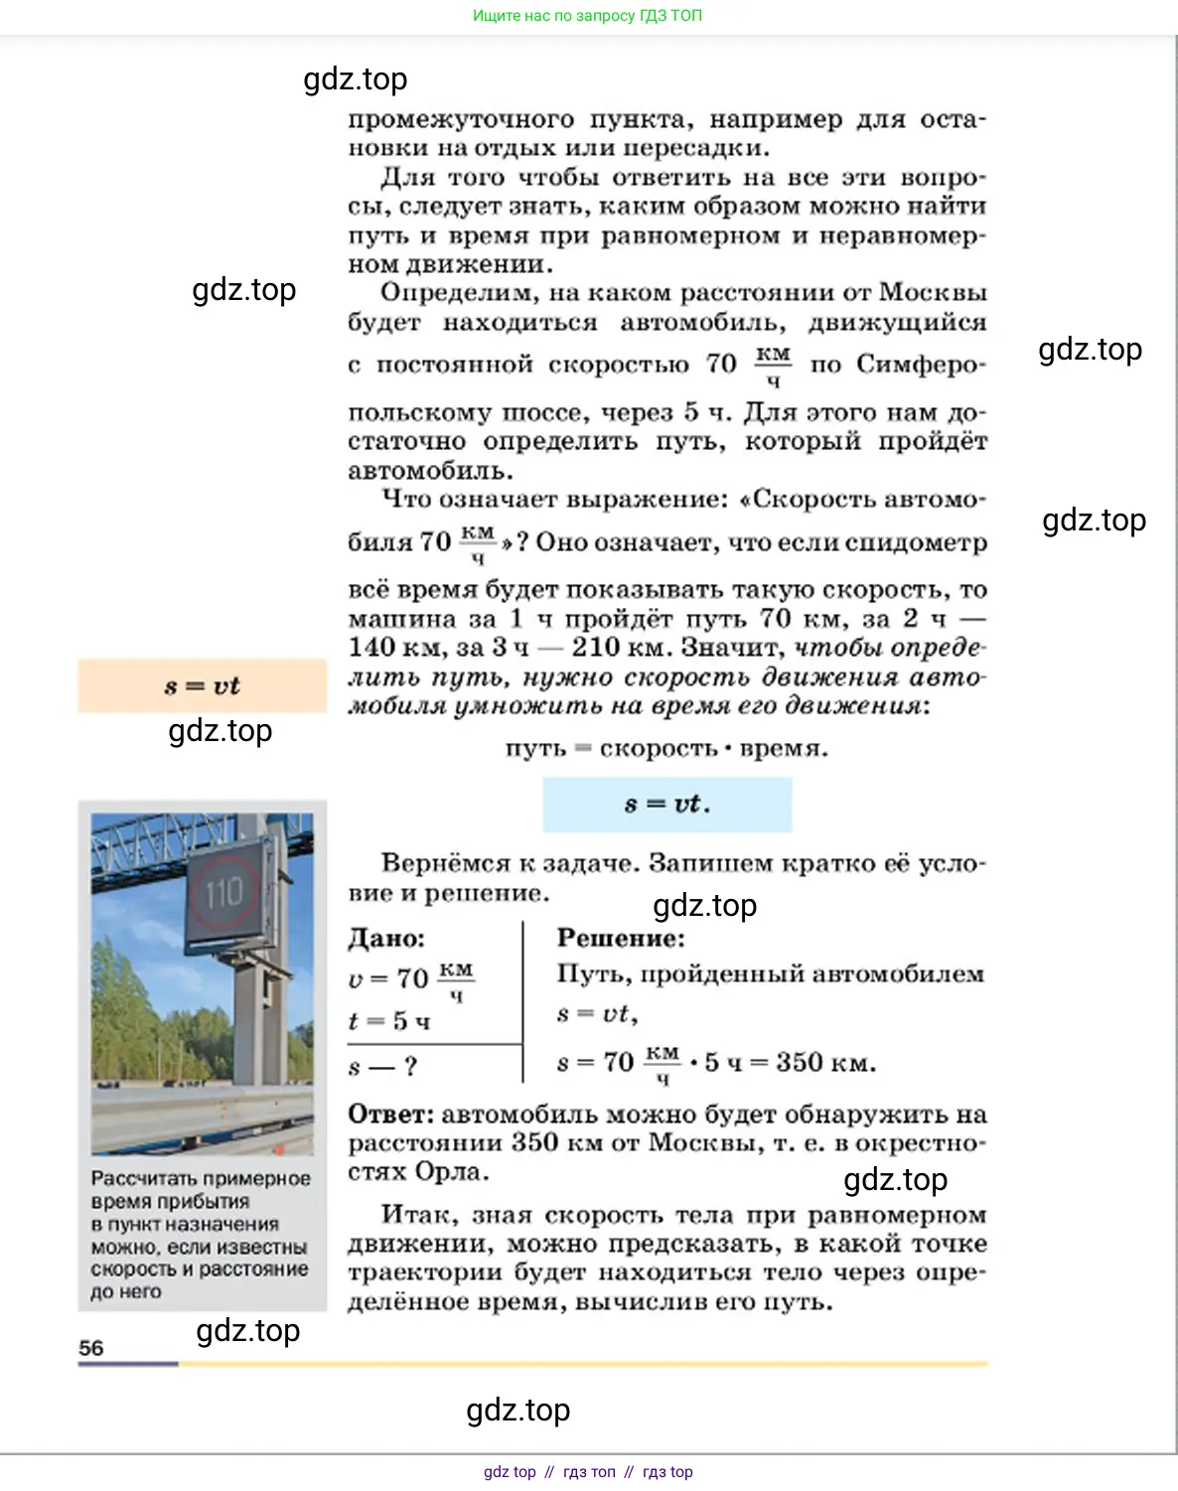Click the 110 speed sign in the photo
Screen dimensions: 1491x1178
click(223, 892)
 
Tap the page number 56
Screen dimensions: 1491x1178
click(90, 1348)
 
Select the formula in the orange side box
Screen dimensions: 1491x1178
click(203, 685)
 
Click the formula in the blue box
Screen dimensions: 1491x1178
click(666, 804)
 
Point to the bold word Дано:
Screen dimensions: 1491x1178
click(386, 938)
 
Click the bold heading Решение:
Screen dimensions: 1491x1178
click(621, 938)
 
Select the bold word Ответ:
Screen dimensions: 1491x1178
click(391, 1115)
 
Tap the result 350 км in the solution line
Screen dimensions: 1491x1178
click(825, 1062)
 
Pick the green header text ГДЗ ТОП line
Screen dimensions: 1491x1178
click(587, 16)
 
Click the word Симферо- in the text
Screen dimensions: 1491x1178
click(921, 365)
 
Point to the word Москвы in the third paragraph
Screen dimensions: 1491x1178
click(933, 293)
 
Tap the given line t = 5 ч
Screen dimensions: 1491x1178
click(389, 1021)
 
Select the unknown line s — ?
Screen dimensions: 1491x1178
click(382, 1068)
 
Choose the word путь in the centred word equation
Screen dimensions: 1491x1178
click(535, 748)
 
